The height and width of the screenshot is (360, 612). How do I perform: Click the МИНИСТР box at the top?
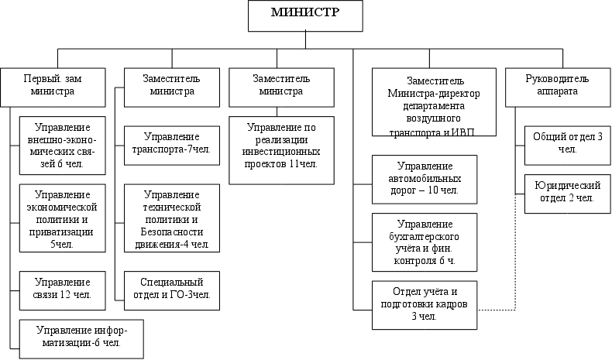pos(305,15)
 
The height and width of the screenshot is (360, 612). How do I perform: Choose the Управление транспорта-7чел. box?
pos(171,143)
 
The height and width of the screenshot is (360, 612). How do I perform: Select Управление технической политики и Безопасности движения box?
pos(171,220)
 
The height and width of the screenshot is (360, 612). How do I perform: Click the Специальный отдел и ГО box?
pos(171,289)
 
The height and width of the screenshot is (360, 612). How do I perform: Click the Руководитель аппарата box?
pos(557,84)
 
